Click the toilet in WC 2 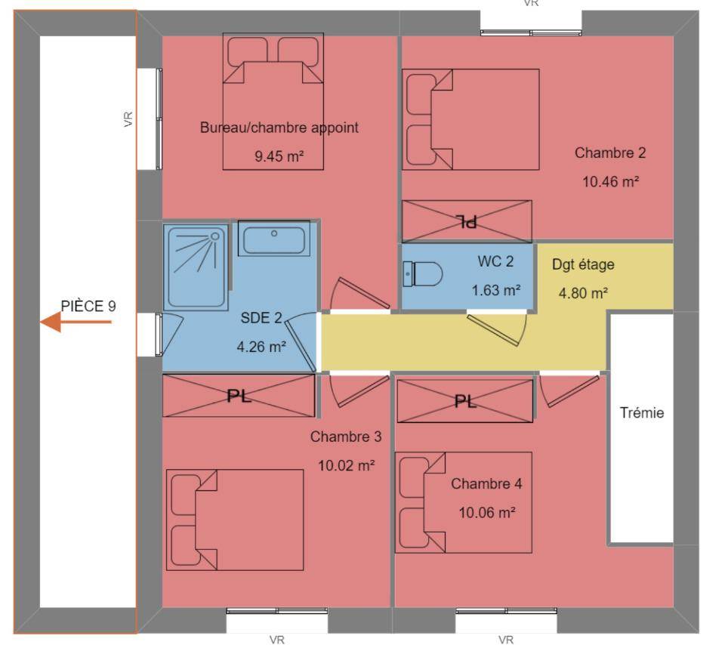click(x=423, y=273)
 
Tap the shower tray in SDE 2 click(x=196, y=267)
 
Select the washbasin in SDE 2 click(x=273, y=239)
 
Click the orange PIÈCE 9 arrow click(x=76, y=322)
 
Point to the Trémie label click(x=642, y=412)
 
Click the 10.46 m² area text click(x=610, y=182)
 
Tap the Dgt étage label click(x=583, y=264)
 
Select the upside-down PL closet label click(x=467, y=221)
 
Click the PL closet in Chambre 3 click(x=239, y=396)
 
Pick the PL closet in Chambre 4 click(x=465, y=401)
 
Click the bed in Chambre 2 click(x=470, y=120)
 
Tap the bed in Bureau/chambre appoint click(x=273, y=101)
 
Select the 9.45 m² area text click(x=279, y=156)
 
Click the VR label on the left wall click(x=128, y=119)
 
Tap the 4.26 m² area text click(x=261, y=347)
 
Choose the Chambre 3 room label click(x=346, y=437)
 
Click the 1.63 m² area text click(x=496, y=290)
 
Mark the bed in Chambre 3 click(x=235, y=520)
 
